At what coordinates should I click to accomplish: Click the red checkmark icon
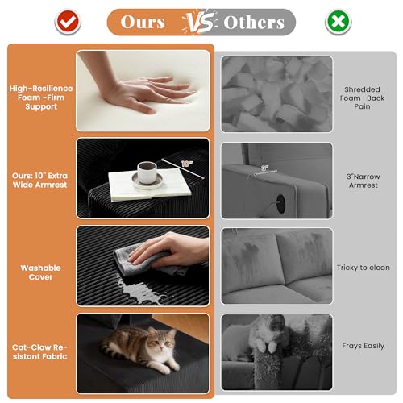pos(68,22)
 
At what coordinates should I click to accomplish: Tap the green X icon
pos(339,22)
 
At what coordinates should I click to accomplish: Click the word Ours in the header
pos(143,22)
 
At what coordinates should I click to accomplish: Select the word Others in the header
pos(254,23)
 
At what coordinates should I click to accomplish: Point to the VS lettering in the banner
pos(200,22)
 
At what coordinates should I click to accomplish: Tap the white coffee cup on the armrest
pos(147,172)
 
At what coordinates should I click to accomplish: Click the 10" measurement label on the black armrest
pos(187,164)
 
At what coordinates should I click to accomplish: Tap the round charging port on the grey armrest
pos(280,204)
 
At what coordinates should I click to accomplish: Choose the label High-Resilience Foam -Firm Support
pos(41,98)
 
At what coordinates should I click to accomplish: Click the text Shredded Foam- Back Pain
pos(362,98)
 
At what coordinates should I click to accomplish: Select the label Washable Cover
pos(40,272)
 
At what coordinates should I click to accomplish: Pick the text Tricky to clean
pos(364,268)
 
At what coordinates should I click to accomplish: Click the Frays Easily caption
pos(364,346)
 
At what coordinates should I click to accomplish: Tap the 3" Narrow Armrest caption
pos(364,181)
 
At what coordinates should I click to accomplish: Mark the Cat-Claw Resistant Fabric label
pos(40,352)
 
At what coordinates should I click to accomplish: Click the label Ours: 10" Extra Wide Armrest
pos(40,181)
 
